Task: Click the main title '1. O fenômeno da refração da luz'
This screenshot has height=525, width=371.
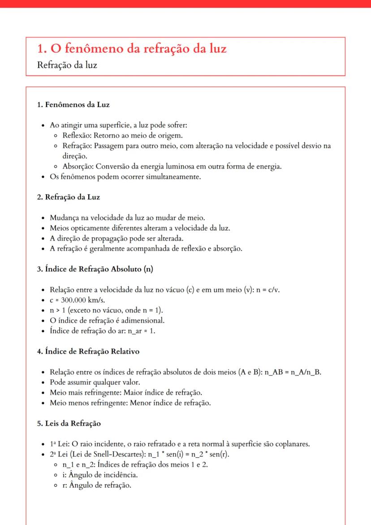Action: coord(132,49)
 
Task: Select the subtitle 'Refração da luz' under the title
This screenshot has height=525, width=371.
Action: coord(67,65)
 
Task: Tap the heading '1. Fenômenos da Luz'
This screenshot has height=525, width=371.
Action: coord(73,105)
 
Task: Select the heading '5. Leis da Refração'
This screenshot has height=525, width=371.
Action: coord(69,423)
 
